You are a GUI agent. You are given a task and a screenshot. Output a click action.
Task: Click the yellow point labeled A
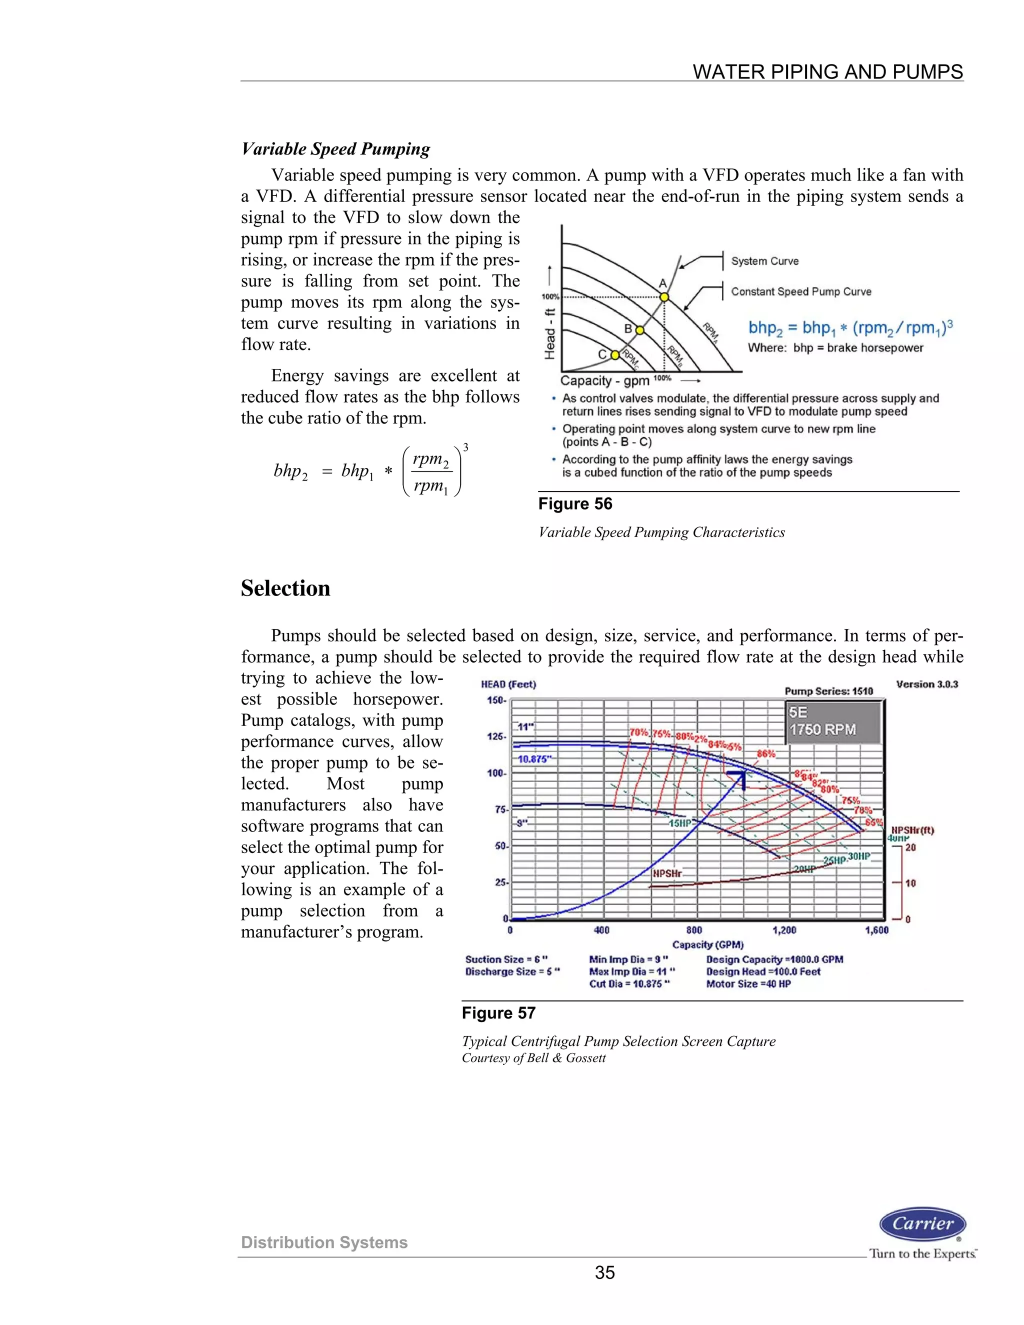664,296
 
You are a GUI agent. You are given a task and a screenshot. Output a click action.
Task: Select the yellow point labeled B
639,330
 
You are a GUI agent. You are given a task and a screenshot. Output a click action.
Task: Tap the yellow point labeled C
614,355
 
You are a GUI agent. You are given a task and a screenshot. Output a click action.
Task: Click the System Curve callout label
764,261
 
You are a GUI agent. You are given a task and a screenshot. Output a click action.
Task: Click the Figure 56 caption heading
575,504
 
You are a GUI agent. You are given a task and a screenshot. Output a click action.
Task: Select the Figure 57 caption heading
498,1013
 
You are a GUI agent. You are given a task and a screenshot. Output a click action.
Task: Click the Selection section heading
285,588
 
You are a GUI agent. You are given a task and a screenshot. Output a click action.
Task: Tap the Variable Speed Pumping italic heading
335,148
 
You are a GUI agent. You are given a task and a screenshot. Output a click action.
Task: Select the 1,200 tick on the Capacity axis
784,930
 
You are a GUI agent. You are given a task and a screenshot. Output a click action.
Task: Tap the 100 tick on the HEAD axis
495,773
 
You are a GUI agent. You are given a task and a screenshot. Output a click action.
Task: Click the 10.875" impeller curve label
534,759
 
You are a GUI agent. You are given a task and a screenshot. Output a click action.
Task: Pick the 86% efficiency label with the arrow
765,754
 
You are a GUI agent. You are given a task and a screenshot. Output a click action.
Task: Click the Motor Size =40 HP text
748,984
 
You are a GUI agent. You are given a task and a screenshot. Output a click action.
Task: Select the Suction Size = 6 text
506,959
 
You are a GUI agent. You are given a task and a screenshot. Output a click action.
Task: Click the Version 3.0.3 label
927,684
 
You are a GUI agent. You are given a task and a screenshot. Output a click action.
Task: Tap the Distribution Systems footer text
324,1242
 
